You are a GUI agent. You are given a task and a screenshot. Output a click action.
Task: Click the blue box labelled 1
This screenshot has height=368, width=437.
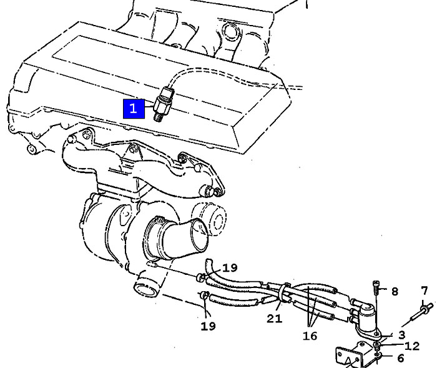134,109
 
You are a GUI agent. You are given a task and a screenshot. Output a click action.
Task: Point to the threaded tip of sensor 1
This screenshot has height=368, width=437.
158,116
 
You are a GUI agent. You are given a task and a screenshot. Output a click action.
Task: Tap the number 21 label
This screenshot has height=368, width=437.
275,318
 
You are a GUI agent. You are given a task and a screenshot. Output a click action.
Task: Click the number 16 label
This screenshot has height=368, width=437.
310,336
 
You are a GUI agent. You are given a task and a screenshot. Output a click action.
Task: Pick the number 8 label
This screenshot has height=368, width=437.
395,292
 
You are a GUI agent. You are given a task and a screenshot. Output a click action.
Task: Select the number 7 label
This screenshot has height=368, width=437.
424,291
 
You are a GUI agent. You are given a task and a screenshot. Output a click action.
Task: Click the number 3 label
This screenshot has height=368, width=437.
401,335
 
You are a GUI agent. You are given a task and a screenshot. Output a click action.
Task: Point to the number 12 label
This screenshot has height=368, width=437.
412,346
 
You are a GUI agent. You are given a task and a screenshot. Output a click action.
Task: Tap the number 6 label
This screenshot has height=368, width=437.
401,358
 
